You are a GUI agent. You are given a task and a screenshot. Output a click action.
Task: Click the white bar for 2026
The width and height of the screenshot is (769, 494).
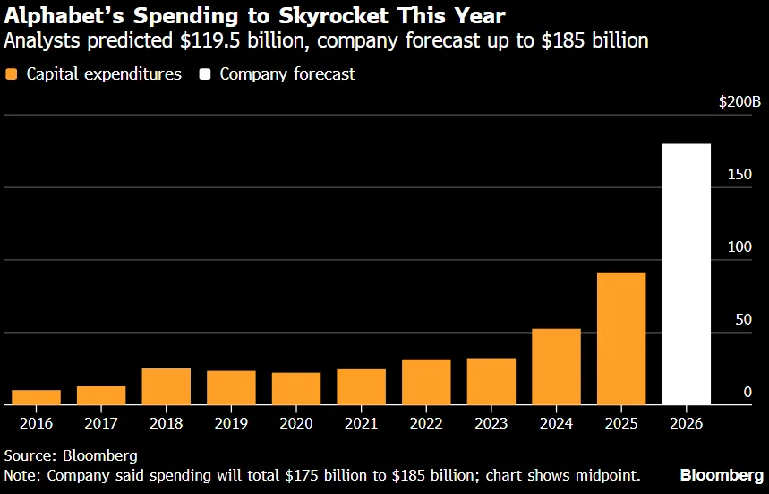(x=686, y=274)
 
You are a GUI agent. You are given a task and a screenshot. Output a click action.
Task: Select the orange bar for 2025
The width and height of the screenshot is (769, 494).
(x=621, y=339)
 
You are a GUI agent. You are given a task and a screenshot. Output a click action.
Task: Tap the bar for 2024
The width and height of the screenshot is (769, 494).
(x=556, y=367)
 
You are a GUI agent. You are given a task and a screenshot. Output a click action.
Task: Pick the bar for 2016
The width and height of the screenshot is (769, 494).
(x=37, y=398)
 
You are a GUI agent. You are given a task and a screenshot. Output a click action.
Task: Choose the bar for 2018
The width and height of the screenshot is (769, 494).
(x=167, y=387)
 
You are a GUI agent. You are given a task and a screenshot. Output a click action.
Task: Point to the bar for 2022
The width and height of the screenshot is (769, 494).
(x=426, y=382)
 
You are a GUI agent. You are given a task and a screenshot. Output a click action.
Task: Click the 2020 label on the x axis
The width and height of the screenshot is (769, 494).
(x=296, y=423)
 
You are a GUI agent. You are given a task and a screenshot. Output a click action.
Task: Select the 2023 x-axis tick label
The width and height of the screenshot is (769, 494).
(x=491, y=423)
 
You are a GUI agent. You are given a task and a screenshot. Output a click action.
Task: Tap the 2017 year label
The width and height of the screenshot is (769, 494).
(x=101, y=423)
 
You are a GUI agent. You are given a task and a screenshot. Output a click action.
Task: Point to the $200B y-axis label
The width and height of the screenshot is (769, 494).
(x=739, y=101)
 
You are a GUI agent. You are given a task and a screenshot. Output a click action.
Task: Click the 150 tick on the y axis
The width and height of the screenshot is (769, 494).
(x=739, y=174)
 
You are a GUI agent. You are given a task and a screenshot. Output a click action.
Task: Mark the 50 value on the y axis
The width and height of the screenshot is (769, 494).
(x=744, y=320)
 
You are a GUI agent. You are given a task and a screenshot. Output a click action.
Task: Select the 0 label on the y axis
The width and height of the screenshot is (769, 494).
(x=748, y=393)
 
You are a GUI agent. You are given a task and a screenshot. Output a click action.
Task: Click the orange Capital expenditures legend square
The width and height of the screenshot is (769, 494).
(x=11, y=74)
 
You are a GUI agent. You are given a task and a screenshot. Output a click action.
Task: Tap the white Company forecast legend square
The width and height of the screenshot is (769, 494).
(x=204, y=74)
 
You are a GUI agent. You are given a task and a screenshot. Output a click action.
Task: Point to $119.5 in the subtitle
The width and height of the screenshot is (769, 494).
(x=211, y=40)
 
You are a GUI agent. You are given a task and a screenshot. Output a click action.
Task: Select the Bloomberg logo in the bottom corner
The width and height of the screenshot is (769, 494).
(x=722, y=475)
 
